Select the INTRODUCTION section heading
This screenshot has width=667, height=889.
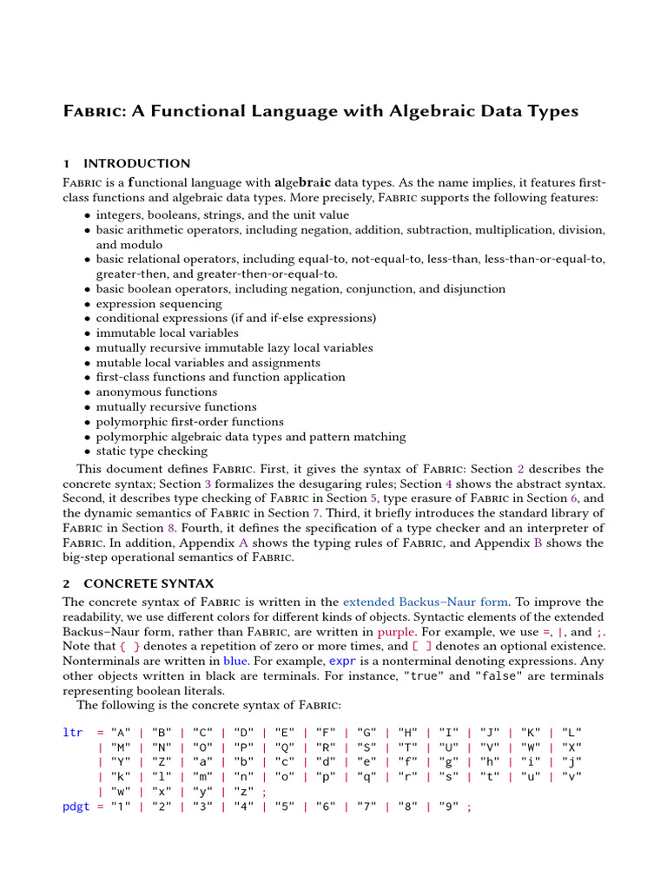coord(136,163)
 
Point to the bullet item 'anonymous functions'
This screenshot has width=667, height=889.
coord(156,392)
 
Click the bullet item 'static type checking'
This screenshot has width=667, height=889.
coord(152,451)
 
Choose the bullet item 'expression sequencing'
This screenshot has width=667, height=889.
coord(159,304)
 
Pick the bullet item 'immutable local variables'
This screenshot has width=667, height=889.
coord(167,333)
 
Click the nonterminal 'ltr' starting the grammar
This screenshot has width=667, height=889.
coord(74,733)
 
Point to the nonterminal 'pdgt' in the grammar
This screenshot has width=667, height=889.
coord(76,807)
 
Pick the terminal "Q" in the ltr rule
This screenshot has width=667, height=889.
coord(285,747)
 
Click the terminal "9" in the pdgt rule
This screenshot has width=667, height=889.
coord(449,807)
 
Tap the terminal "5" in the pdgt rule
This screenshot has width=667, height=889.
coord(285,807)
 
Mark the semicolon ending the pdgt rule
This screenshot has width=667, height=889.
coord(470,807)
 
